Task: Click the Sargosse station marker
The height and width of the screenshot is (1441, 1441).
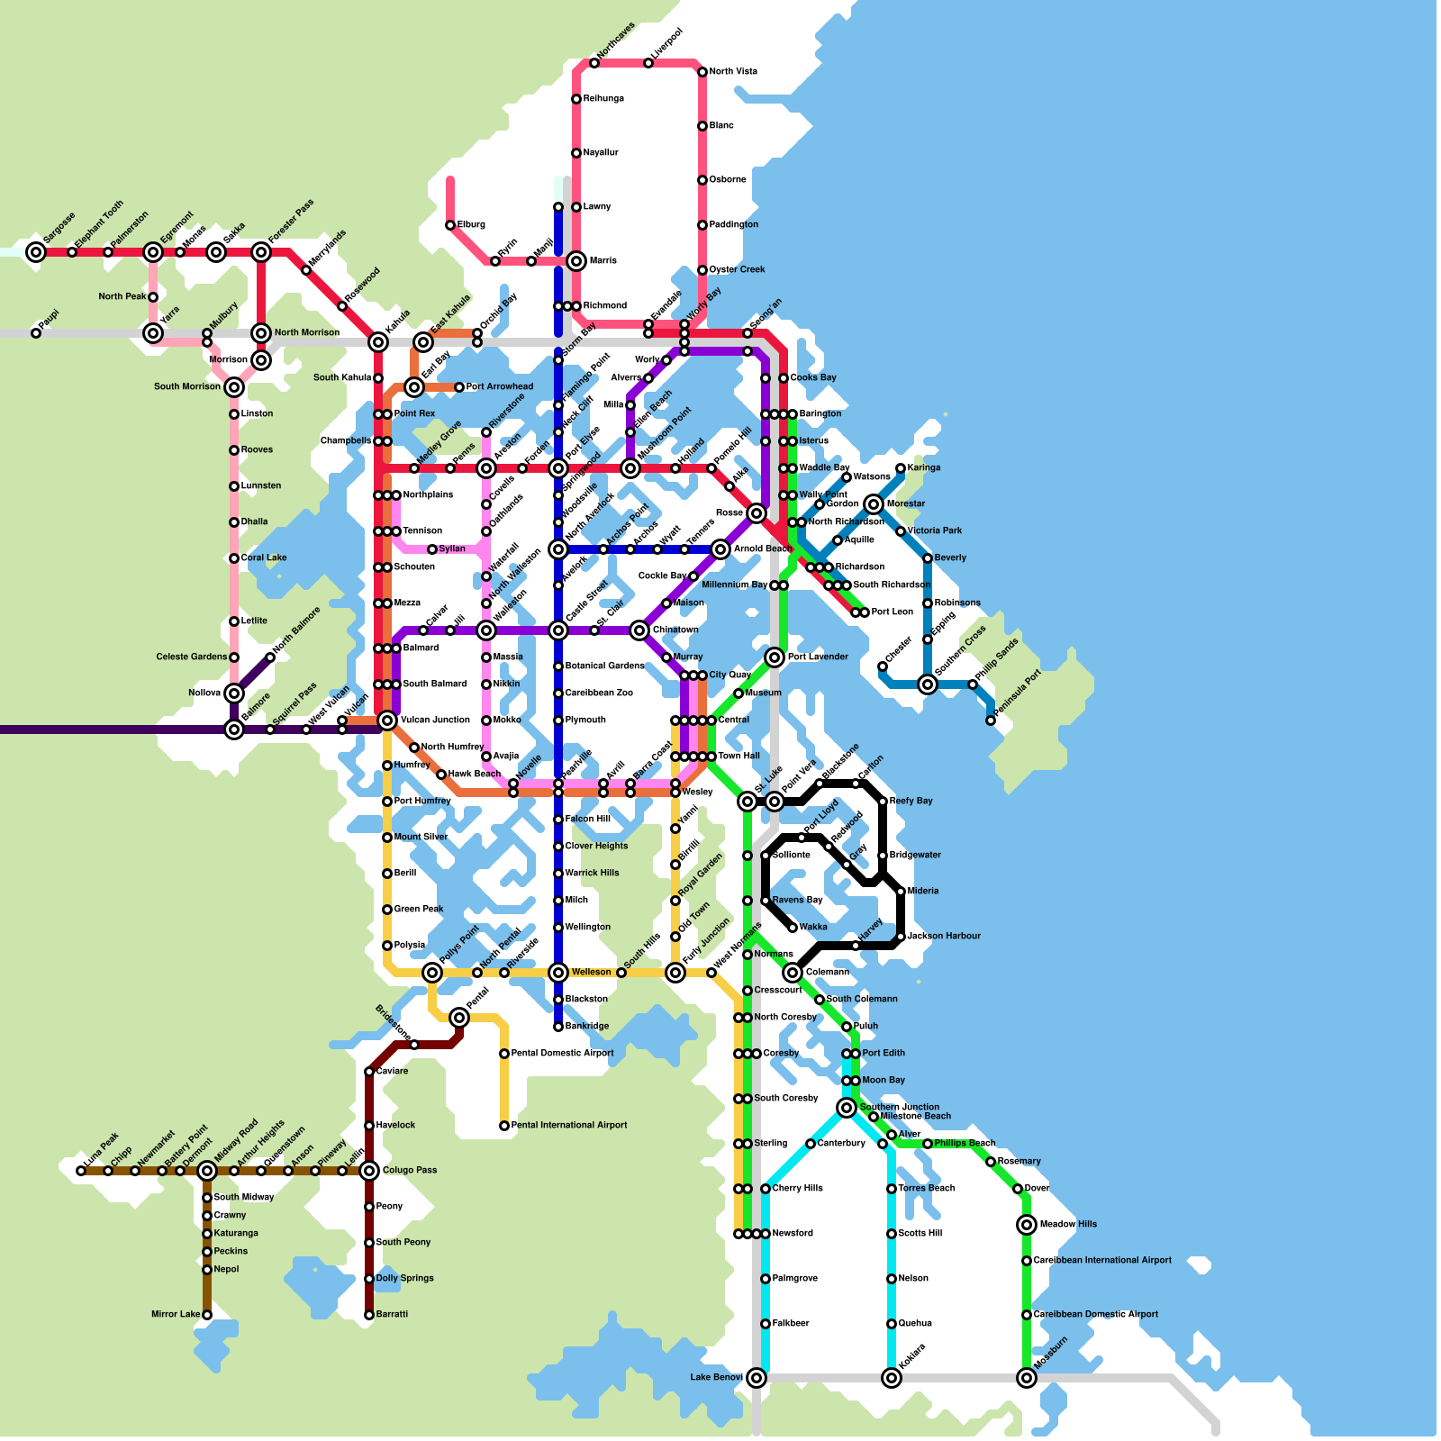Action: pyautogui.click(x=36, y=252)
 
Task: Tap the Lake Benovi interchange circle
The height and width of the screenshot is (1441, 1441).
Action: pyautogui.click(x=757, y=1378)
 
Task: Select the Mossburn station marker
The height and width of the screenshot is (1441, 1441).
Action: pyautogui.click(x=1027, y=1378)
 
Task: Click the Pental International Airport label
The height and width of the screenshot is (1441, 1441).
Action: pyautogui.click(x=569, y=1126)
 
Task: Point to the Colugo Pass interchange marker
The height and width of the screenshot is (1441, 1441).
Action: pyautogui.click(x=369, y=1171)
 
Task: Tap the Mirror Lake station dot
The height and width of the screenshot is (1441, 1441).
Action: pyautogui.click(x=207, y=1315)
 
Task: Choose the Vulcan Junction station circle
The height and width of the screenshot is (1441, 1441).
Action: pyautogui.click(x=387, y=720)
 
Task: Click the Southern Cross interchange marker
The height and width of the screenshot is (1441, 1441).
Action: pyautogui.click(x=928, y=684)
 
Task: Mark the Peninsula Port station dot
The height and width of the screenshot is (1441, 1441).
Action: pyautogui.click(x=991, y=720)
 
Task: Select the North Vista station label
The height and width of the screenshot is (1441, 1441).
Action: pyautogui.click(x=733, y=72)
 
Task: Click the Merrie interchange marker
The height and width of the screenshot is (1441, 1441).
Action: pyautogui.click(x=576, y=261)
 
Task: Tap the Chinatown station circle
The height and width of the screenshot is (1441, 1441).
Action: pyautogui.click(x=639, y=630)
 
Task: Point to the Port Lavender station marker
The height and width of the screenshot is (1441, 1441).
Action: pyautogui.click(x=775, y=657)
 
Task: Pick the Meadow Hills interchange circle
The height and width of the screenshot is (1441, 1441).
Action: pyautogui.click(x=1027, y=1225)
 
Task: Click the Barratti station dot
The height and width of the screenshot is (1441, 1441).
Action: pyautogui.click(x=369, y=1315)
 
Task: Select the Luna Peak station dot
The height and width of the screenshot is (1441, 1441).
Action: pyautogui.click(x=81, y=1171)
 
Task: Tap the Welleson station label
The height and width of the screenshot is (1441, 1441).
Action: pyautogui.click(x=591, y=973)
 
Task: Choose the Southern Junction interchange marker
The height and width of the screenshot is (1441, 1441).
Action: pyautogui.click(x=847, y=1108)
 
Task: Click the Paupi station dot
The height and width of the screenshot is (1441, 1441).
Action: pyautogui.click(x=36, y=333)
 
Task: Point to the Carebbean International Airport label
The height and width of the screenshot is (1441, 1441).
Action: pyautogui.click(x=1102, y=1261)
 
